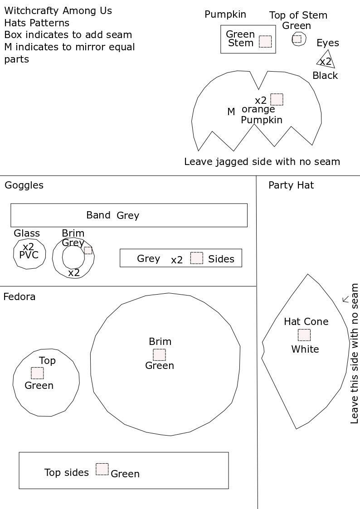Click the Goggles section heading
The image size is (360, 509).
(x=24, y=185)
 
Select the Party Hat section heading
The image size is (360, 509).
(x=291, y=185)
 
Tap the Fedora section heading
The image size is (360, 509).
(x=19, y=297)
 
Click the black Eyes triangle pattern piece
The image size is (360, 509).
(x=326, y=59)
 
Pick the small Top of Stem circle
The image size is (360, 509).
(x=298, y=39)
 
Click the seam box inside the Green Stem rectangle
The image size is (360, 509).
(x=265, y=42)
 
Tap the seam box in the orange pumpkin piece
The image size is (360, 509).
(x=277, y=99)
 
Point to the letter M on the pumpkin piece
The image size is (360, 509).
(x=231, y=111)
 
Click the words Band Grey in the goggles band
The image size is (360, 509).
(x=112, y=215)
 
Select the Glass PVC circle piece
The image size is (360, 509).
(x=29, y=254)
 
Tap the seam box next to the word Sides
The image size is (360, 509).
(x=196, y=258)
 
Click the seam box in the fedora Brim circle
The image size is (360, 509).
(x=159, y=354)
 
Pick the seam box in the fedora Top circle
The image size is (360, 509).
(x=37, y=373)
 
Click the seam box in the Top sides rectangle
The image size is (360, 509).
(x=102, y=469)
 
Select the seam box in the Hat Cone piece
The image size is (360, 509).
(x=304, y=335)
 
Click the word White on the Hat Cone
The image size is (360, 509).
(x=305, y=349)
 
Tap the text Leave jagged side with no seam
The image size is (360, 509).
(x=262, y=161)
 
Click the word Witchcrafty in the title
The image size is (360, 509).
(x=31, y=10)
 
